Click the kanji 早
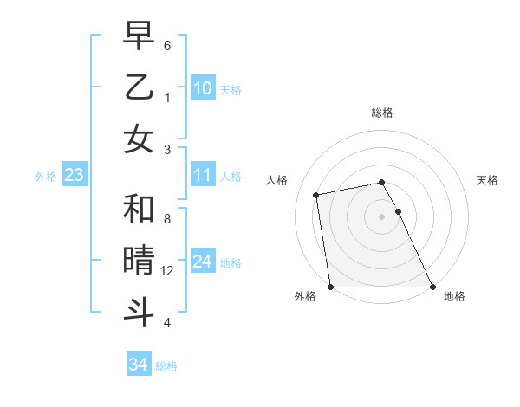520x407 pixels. click(x=139, y=36)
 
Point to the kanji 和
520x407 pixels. click(x=139, y=209)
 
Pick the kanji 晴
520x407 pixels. click(x=139, y=260)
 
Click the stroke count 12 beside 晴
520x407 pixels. click(x=168, y=271)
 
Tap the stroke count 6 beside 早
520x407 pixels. click(x=167, y=46)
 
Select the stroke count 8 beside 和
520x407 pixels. click(x=167, y=220)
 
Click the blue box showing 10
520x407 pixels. click(x=203, y=87)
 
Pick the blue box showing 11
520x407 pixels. click(x=203, y=176)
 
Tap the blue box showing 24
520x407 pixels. click(x=203, y=262)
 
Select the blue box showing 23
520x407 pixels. click(x=74, y=176)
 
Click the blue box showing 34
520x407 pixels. click(x=139, y=365)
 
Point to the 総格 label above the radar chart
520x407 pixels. click(x=382, y=113)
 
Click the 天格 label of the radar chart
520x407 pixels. click(x=488, y=180)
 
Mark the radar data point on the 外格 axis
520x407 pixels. click(x=330, y=287)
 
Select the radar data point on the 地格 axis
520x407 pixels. click(x=432, y=287)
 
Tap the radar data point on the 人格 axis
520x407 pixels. click(x=316, y=195)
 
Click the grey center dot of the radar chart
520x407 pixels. click(x=382, y=216)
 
